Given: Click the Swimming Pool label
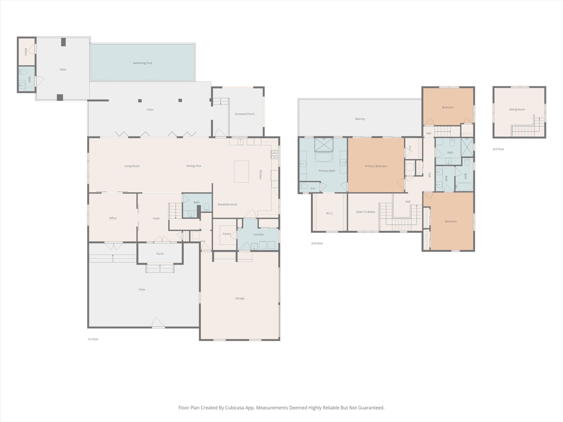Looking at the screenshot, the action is tap(142, 63).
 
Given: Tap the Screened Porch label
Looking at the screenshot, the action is tap(245, 114).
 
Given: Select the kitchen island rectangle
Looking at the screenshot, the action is tap(241, 171).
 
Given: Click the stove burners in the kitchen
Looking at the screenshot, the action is tap(274, 154).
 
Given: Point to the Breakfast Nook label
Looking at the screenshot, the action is tap(227, 204).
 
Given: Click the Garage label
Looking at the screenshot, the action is tap(240, 298).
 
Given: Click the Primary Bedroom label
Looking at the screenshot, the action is tap(376, 166).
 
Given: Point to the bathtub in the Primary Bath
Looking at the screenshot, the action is tap(324, 157).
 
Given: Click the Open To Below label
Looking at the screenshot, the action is tap(366, 212).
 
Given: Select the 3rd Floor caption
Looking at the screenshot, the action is tap(498, 149).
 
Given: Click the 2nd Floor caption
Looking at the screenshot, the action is tap(317, 243).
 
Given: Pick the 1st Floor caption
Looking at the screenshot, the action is tap(93, 339).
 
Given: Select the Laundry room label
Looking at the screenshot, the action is tap(258, 234).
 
